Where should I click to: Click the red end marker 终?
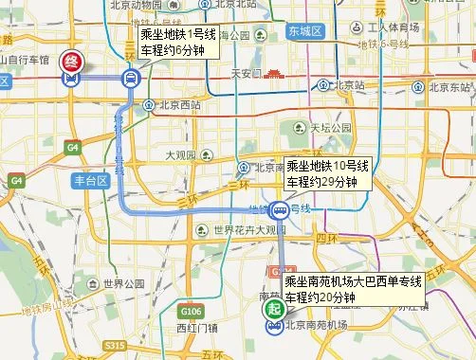click(71, 63)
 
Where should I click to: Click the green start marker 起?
click(273, 310)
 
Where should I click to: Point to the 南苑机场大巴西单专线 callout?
click(352, 290)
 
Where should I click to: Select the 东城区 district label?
click(307, 32)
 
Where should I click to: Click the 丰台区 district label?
click(92, 181)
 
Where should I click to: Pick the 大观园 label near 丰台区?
click(178, 154)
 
